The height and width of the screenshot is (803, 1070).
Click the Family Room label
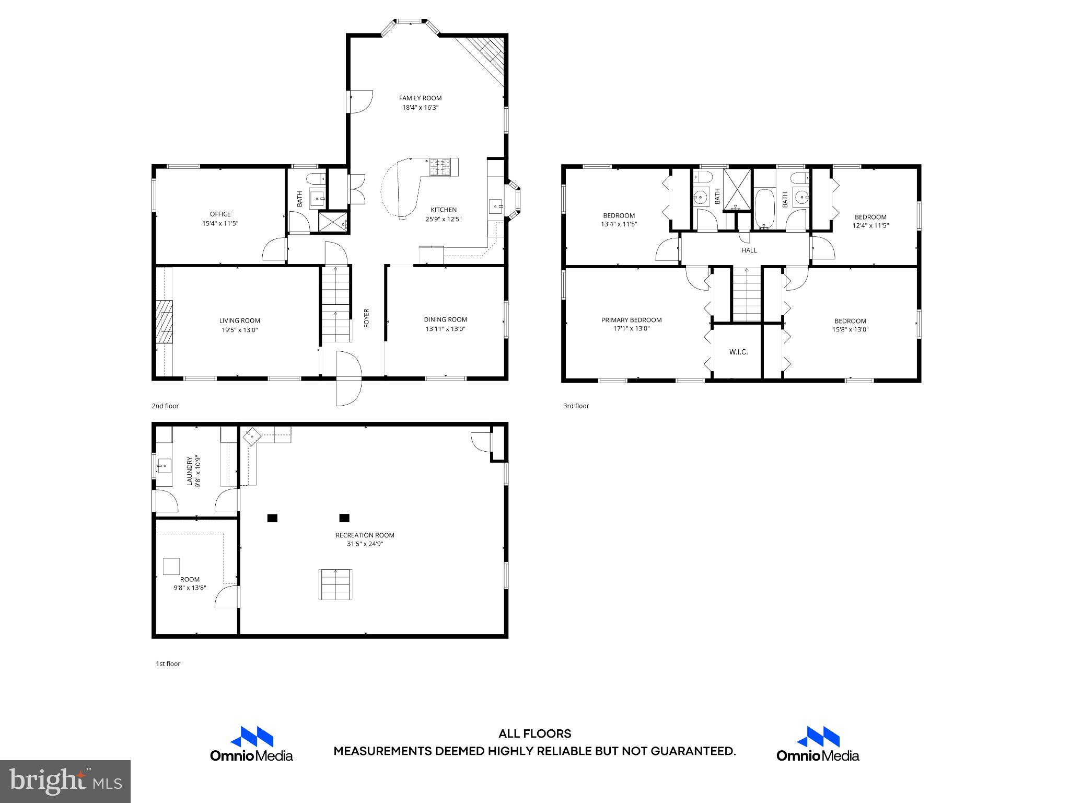pos(420,98)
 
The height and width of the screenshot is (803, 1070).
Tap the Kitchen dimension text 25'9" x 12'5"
pos(443,219)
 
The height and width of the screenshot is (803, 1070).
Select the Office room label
pos(220,214)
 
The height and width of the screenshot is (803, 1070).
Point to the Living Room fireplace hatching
pos(165,322)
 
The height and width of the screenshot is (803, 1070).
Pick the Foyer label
pos(366,318)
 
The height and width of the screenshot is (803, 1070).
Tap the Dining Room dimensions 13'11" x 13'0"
pos(445,329)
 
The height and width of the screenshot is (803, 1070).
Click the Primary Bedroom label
pos(631,320)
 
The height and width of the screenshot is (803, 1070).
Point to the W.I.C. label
pos(738,352)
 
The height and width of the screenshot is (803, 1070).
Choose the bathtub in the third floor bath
pos(764,209)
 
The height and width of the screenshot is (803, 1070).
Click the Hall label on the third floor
pos(749,250)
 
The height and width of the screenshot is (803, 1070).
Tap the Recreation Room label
pos(365,535)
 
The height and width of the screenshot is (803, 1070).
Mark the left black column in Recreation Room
pos(272,518)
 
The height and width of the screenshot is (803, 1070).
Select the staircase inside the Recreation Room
pos(335,584)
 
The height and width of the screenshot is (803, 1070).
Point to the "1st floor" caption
pos(168,663)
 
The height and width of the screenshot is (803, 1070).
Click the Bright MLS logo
pos(65,781)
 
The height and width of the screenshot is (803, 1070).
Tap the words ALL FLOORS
pos(534,734)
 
